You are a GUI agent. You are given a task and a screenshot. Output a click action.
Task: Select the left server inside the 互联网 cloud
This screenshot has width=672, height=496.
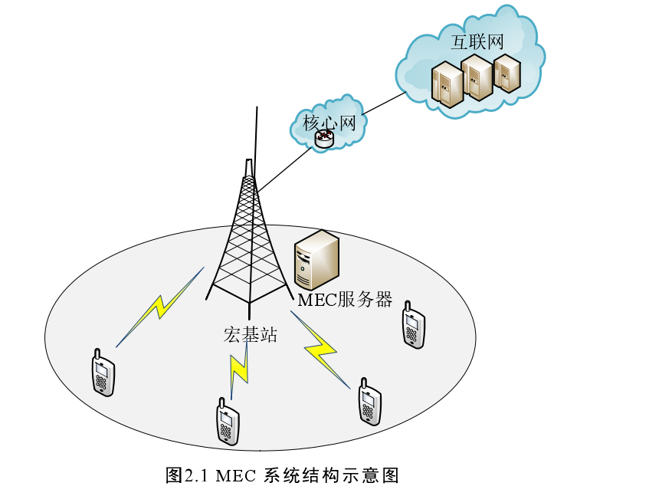click(447, 84)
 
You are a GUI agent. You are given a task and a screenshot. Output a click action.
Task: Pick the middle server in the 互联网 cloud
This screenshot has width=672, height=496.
click(477, 77)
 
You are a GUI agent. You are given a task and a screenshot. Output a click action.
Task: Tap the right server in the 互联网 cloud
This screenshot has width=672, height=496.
click(506, 73)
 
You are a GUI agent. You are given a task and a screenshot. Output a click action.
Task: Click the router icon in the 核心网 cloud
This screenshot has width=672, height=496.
click(324, 139)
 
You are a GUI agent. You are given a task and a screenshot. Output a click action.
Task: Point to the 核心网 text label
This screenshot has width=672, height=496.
click(329, 122)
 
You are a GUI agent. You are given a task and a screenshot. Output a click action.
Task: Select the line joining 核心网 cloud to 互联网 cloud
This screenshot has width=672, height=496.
click(383, 105)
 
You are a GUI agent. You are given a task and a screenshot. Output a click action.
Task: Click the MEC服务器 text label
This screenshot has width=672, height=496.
click(345, 300)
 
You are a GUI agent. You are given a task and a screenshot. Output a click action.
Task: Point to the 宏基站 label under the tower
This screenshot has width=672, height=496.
click(250, 334)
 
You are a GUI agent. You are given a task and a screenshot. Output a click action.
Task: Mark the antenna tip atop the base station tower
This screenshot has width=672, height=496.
click(257, 111)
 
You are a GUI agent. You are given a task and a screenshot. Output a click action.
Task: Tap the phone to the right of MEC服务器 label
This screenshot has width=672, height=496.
click(413, 325)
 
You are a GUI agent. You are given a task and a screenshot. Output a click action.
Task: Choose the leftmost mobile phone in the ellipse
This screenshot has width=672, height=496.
click(103, 373)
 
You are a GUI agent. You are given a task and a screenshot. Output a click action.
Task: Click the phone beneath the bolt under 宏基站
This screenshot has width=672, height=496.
click(228, 422)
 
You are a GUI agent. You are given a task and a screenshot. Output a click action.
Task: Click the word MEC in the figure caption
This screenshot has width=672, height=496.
click(234, 475)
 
